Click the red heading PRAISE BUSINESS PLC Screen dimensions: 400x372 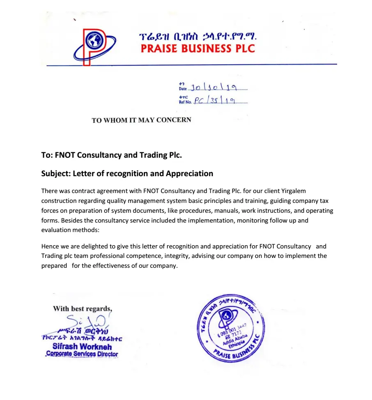197,48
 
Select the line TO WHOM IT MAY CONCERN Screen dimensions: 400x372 141,120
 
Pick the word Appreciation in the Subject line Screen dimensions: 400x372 189,173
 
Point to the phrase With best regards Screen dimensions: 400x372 82,309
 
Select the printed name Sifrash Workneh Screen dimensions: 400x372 82,346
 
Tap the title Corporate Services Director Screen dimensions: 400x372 82,354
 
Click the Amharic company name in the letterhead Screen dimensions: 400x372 197,37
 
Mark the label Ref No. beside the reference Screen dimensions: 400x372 185,102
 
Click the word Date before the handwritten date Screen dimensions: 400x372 182,89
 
